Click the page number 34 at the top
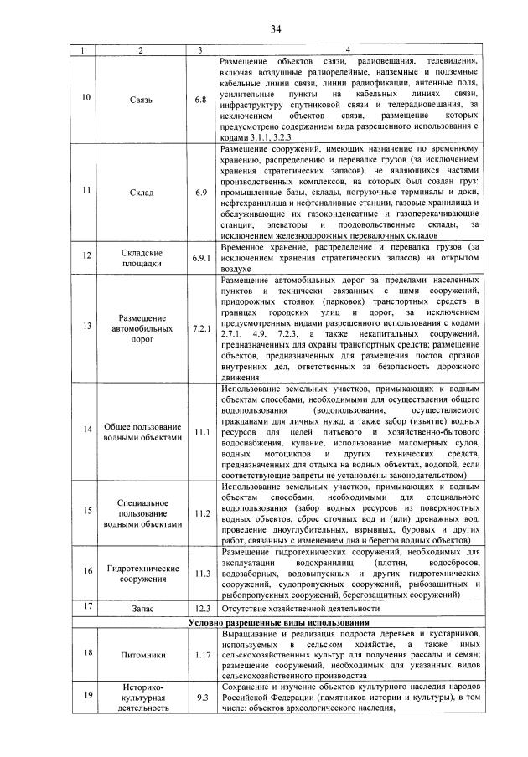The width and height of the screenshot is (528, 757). [x=274, y=31]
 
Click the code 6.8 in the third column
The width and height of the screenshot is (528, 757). [x=200, y=100]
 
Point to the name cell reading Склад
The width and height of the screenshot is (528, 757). [x=140, y=193]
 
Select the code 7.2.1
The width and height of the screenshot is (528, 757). [x=200, y=327]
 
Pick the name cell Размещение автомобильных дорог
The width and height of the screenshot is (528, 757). [x=140, y=327]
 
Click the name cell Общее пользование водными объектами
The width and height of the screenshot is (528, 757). [x=140, y=431]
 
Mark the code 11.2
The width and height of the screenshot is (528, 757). [x=200, y=513]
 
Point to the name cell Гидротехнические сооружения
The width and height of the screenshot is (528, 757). [x=140, y=573]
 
